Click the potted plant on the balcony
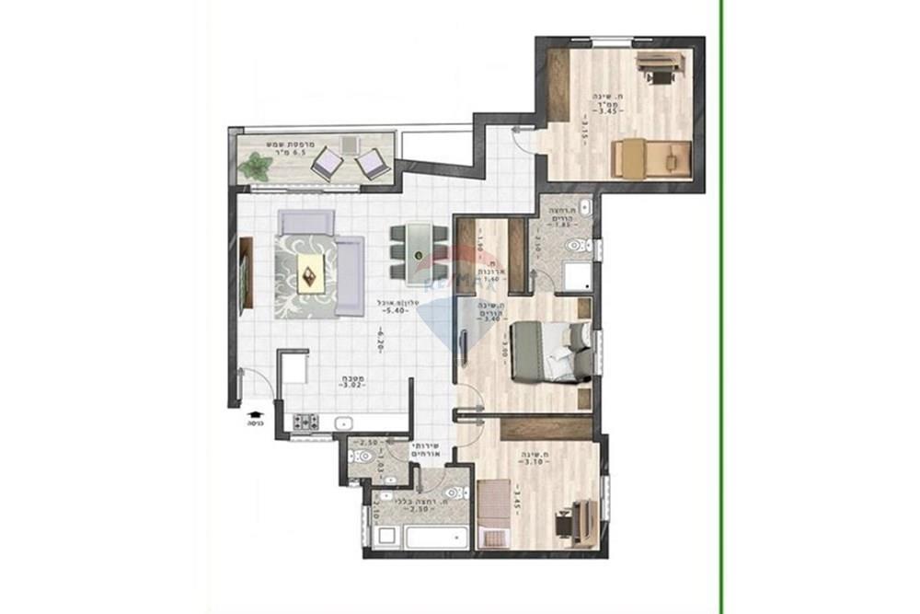click(255, 167)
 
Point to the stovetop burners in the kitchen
click(305, 423)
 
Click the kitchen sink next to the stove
click(344, 423)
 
